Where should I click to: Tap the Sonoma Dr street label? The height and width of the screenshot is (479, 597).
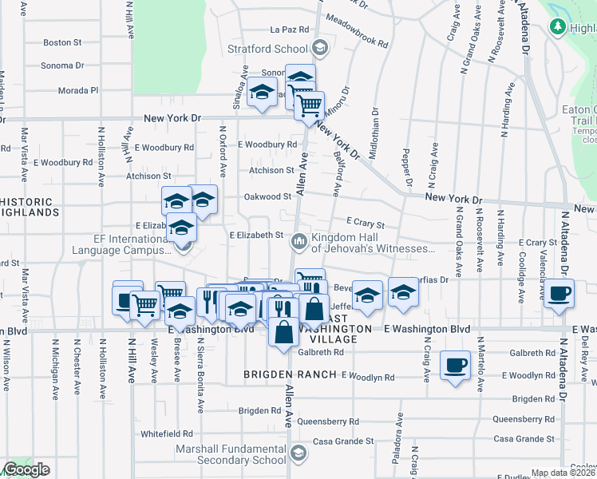click(x=63, y=65)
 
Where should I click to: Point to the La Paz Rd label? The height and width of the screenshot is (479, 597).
click(x=289, y=30)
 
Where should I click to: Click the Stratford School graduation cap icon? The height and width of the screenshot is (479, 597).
click(x=320, y=48)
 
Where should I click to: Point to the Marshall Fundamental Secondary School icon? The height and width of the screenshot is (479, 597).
click(x=298, y=454)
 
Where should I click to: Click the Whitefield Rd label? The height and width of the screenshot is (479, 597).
click(x=167, y=433)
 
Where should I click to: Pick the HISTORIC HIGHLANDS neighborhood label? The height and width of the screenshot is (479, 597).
click(x=28, y=208)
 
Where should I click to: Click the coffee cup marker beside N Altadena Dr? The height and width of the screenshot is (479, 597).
click(x=559, y=293)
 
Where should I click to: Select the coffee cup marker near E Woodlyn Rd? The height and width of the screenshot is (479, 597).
click(x=455, y=366)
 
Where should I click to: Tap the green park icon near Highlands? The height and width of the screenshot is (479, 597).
click(x=558, y=26)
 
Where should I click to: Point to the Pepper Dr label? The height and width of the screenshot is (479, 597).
click(x=406, y=168)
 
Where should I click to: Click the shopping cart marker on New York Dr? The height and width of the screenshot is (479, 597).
click(x=309, y=105)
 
